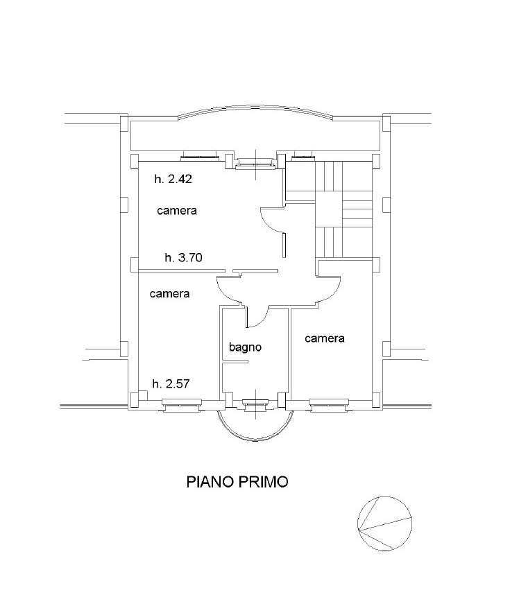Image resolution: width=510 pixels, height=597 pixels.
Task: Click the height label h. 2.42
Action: [173, 179]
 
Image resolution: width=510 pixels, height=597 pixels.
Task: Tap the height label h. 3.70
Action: [183, 258]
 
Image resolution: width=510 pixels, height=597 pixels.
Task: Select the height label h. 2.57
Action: [171, 384]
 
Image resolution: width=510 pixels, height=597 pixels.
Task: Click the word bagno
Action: [246, 347]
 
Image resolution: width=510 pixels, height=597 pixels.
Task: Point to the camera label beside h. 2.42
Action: [177, 211]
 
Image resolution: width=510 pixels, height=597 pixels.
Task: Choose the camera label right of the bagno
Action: [325, 338]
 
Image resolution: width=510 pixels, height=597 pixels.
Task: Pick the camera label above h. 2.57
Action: [169, 294]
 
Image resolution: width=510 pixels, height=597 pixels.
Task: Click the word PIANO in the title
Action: [210, 482]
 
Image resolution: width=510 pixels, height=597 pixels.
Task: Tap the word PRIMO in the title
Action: [264, 482]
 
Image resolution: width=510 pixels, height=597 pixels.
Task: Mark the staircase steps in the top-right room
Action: [329, 209]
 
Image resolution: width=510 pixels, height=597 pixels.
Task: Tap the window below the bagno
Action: [255, 404]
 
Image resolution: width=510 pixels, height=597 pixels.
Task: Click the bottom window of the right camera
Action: [329, 404]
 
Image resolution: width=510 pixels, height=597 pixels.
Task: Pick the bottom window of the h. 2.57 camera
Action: [182, 404]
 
